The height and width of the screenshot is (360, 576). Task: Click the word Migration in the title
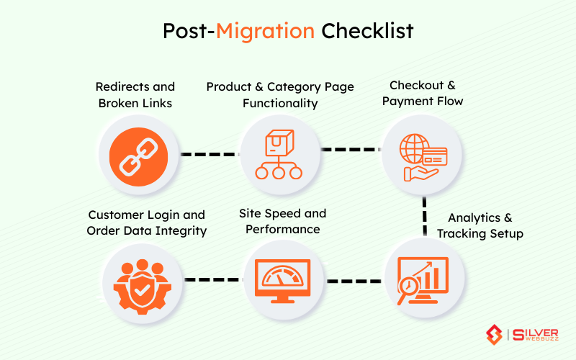pos(266,32)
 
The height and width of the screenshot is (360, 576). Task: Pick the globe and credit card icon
pos(423,154)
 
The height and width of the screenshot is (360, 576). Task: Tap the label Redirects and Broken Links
pos(135,95)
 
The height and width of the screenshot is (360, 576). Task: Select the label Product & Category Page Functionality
pos(280,95)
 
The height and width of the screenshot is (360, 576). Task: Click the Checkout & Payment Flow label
pos(423,94)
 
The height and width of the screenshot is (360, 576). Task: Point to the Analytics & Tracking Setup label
pos(480,225)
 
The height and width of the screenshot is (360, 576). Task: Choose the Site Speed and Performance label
pos(283,222)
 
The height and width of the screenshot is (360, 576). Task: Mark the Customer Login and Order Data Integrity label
pos(146,222)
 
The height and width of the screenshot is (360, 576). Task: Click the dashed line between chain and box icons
pos(209,154)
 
